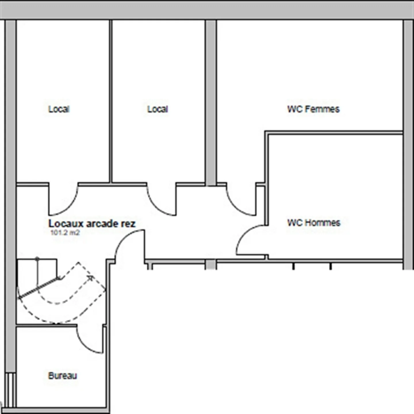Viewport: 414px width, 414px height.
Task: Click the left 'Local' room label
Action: (59, 109)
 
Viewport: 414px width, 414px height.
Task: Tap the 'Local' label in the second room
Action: (158, 109)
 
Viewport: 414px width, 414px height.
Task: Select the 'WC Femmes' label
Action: (313, 109)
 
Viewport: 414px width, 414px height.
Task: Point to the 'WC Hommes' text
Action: (314, 223)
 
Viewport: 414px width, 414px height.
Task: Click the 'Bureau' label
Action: (62, 376)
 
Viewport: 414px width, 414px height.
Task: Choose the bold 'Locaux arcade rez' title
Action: (92, 224)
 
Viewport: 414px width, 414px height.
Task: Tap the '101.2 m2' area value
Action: (65, 233)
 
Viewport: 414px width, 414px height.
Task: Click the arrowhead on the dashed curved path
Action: (91, 278)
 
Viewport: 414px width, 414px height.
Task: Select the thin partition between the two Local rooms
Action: (111, 101)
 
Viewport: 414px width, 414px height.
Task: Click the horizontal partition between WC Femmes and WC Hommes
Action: (333, 133)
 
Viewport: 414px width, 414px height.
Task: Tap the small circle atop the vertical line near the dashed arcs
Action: (37, 259)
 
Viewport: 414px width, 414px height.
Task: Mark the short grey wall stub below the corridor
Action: (211, 264)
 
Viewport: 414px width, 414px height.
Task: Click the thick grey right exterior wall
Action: (408, 144)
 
